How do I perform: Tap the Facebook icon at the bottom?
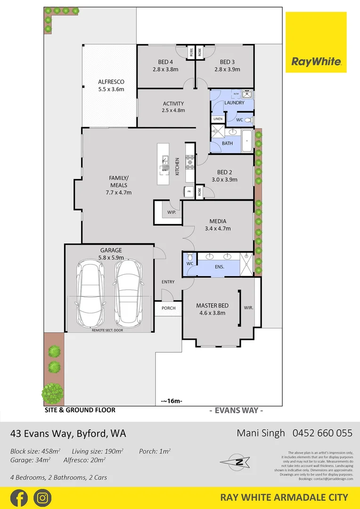pos(18,498)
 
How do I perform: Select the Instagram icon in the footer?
pos(42,498)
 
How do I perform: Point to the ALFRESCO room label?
pos(111,81)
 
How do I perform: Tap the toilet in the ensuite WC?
pos(189,258)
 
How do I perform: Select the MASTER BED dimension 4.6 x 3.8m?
pos(212,312)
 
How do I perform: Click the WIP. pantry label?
pos(171,213)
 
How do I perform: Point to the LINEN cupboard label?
pos(217,119)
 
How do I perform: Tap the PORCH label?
pos(168,308)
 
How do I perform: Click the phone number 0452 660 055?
pos(323,433)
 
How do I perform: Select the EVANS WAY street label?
pos(236,410)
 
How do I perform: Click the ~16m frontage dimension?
pos(172,401)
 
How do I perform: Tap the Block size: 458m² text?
pos(35,451)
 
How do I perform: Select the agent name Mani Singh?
pos(262,433)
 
